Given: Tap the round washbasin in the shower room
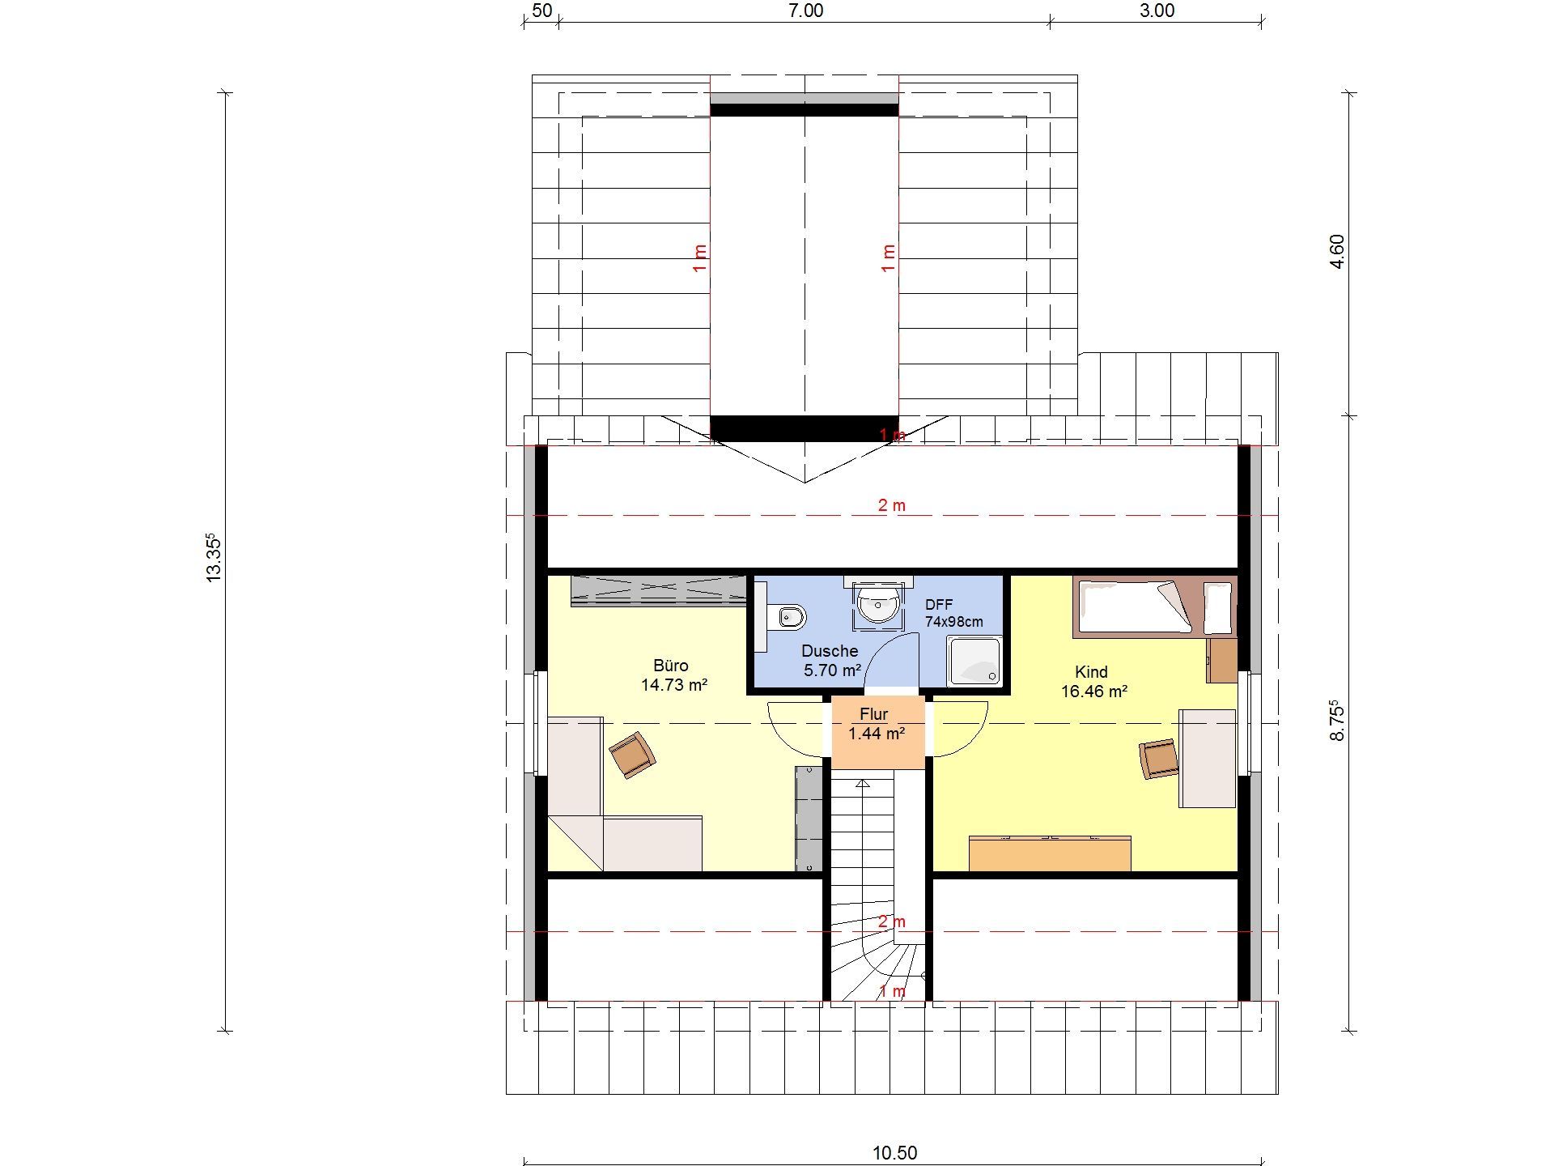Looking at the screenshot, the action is tap(877, 604).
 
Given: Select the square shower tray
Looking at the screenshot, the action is tap(974, 661).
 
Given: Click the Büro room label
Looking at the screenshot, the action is tap(671, 666).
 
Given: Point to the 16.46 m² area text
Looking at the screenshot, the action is tap(1094, 692).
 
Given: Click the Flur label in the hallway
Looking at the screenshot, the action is tap(874, 714).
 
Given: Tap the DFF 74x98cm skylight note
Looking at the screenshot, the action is tap(953, 613).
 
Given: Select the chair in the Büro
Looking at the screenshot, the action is tap(632, 755).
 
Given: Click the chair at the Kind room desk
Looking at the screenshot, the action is tap(1158, 759).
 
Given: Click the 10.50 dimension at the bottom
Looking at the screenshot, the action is tap(894, 1152).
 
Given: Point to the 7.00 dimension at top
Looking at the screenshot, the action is tap(805, 11).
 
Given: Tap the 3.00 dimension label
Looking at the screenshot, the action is tap(1157, 11).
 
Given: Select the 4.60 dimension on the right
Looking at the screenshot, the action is tap(1337, 252).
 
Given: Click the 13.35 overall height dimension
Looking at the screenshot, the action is tap(214, 557).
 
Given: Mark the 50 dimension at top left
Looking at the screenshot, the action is tap(542, 11).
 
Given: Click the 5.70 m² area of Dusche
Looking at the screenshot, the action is tap(831, 670).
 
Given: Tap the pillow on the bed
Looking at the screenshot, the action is tap(1217, 608).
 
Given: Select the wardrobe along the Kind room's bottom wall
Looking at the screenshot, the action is tap(1050, 853).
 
